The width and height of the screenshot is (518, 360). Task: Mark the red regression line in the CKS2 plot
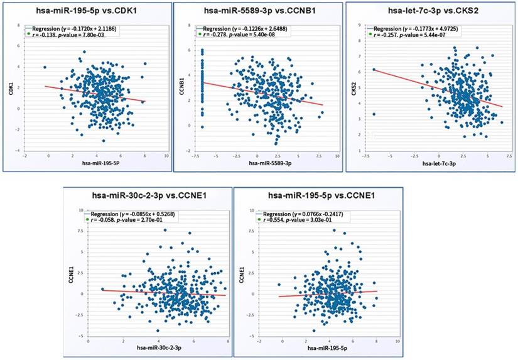coord(440,88)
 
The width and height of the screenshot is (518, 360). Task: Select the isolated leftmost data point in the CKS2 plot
coord(374,114)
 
